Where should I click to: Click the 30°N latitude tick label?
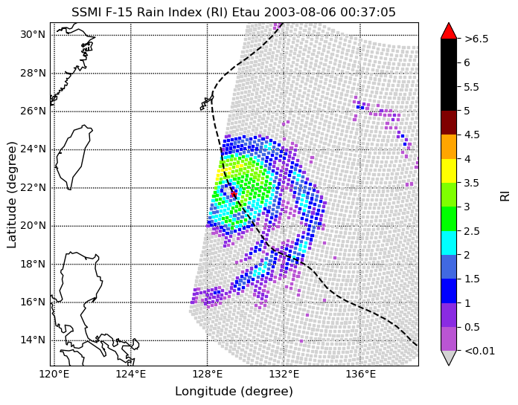pos(33,35)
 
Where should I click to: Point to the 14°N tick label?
pos(33,340)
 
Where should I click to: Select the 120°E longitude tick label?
pos(54,375)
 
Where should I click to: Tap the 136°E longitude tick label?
pos(360,375)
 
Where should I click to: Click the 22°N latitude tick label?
pos(33,187)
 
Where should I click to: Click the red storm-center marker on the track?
pos(234,194)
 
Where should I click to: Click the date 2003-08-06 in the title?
pos(300,12)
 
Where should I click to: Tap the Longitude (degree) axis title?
pos(234,392)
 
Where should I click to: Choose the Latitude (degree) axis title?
pos(11,195)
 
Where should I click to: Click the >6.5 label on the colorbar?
pos(476,39)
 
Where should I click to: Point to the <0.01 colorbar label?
pos(480,351)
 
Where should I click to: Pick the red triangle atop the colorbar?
pos(449,31)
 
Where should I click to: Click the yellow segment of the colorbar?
pos(449,171)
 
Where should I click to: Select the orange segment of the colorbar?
pos(449,146)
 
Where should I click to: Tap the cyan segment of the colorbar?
pos(449,243)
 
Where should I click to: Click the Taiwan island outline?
pos(74,157)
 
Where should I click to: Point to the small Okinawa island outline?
pos(207,103)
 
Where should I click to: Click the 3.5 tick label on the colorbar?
pos(471,183)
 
